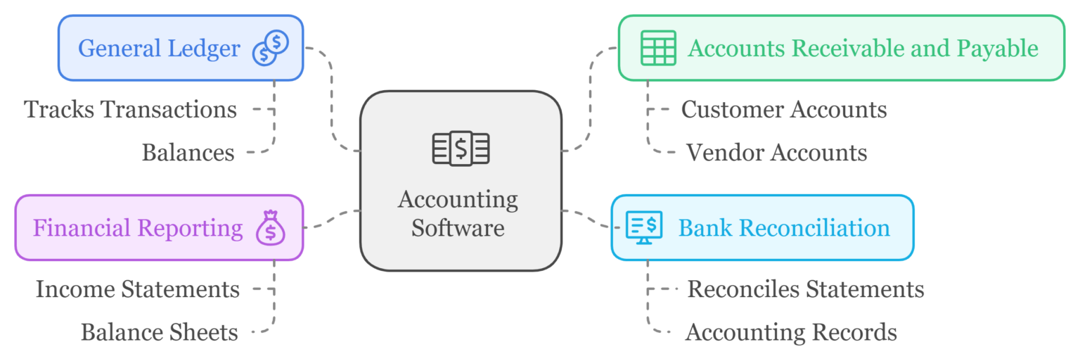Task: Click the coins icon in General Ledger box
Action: pyautogui.click(x=271, y=48)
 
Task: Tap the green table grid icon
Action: pyautogui.click(x=658, y=48)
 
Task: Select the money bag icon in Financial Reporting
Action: pyautogui.click(x=271, y=228)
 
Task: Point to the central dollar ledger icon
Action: pyautogui.click(x=461, y=148)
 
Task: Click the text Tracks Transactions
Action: pyautogui.click(x=131, y=110)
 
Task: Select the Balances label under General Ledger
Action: pyautogui.click(x=188, y=153)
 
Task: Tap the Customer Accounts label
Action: pyautogui.click(x=784, y=110)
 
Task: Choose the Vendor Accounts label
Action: pyautogui.click(x=776, y=153)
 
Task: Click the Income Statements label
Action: pyautogui.click(x=138, y=289)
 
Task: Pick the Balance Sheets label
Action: pyautogui.click(x=160, y=332)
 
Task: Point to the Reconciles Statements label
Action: pyautogui.click(x=806, y=289)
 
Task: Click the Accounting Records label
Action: pyautogui.click(x=791, y=332)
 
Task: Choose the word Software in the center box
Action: pyautogui.click(x=458, y=228)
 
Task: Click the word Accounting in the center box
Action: pyautogui.click(x=458, y=200)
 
